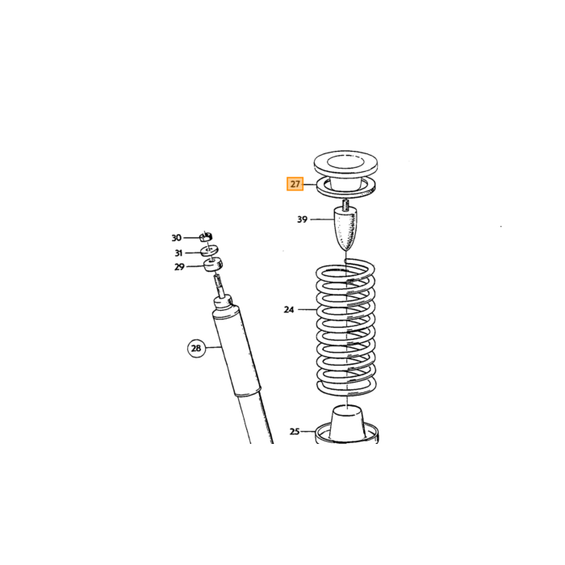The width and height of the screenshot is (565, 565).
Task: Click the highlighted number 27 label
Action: [295, 184]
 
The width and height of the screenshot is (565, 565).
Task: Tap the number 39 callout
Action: [302, 219]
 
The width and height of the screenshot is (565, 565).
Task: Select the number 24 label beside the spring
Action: [289, 309]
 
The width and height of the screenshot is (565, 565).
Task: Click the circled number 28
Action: [196, 349]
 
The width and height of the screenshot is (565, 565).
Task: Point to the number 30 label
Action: [176, 238]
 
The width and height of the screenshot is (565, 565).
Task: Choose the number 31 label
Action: [178, 253]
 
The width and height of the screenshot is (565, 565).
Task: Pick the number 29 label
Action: [179, 267]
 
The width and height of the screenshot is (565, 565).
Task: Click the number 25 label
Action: [295, 431]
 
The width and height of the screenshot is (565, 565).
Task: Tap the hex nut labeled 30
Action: [206, 236]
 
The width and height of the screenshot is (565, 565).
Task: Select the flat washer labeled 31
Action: [210, 250]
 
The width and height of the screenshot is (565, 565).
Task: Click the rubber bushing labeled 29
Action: [213, 266]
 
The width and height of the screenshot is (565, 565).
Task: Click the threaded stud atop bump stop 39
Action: [345, 204]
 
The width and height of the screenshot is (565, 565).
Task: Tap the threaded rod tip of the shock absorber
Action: [217, 282]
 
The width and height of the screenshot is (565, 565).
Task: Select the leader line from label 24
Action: [307, 309]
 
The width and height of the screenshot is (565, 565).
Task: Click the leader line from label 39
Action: [322, 219]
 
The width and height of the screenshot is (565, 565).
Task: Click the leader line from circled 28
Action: [213, 348]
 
